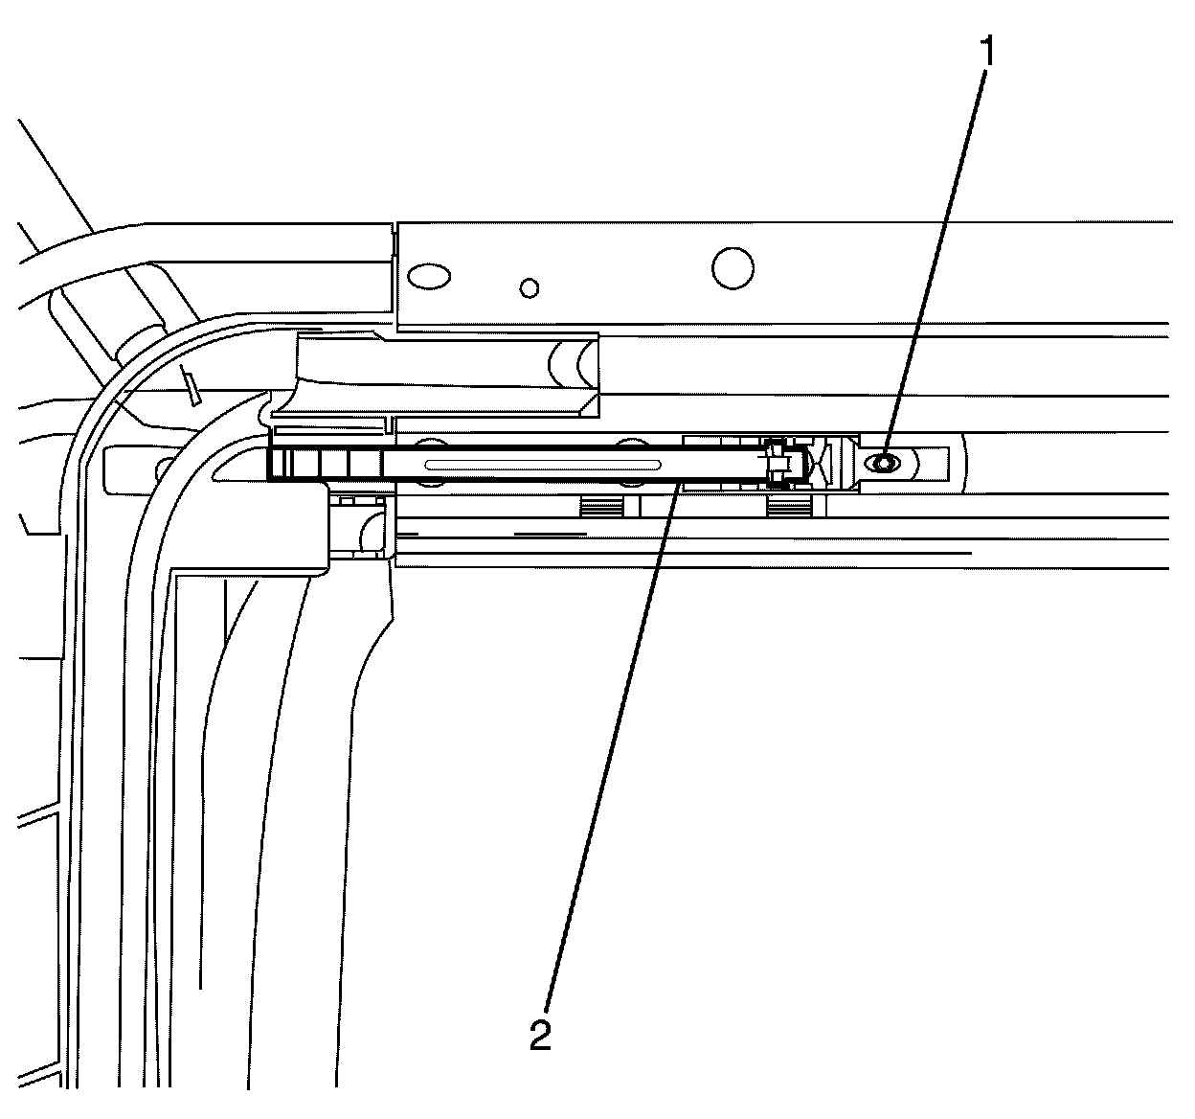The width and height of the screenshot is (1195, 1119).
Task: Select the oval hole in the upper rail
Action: point(427,277)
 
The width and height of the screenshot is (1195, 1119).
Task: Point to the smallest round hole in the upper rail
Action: point(529,286)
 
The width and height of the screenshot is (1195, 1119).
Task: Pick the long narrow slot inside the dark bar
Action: point(543,464)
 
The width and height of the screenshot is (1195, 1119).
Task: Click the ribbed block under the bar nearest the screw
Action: point(791,506)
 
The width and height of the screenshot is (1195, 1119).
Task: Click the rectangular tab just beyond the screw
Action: point(934,464)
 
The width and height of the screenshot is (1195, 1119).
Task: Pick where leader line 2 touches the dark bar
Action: point(678,484)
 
